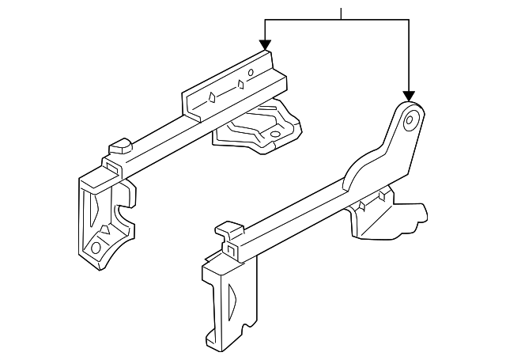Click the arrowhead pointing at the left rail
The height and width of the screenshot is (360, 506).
(266, 45)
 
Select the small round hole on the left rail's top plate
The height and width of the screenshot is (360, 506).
(251, 75)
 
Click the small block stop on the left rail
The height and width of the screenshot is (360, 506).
(119, 146)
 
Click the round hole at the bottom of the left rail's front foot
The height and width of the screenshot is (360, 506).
(96, 247)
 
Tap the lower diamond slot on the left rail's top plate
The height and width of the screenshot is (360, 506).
(211, 97)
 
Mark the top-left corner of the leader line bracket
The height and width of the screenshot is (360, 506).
(266, 21)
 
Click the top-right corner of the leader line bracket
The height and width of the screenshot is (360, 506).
(409, 21)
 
